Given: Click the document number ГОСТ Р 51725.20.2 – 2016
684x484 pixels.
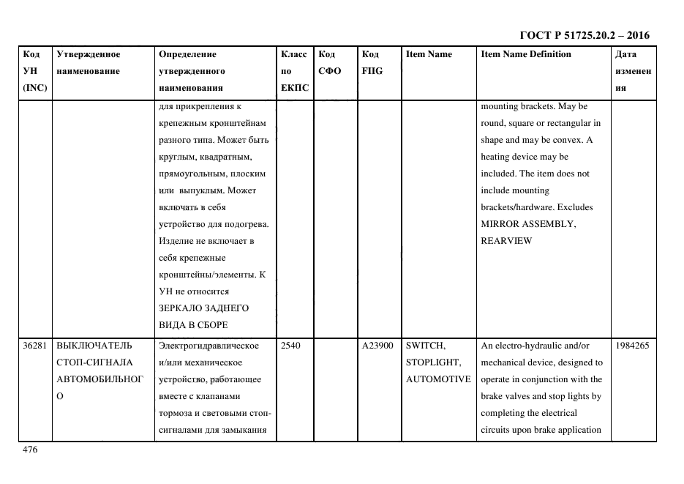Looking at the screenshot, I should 584,34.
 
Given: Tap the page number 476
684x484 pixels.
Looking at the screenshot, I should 30,450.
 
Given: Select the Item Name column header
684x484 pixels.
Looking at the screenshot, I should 429,54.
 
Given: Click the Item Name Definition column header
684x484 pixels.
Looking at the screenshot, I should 526,54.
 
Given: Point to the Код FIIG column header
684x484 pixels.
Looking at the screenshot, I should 372,62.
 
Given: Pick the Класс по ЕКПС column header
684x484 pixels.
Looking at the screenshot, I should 293,71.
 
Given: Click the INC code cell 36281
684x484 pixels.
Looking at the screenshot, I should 35,345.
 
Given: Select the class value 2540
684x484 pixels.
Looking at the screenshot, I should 290,345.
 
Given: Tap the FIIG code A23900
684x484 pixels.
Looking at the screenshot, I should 377,345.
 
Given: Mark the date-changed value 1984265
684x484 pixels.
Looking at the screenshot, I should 632,345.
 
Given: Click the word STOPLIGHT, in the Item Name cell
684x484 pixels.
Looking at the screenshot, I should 433,362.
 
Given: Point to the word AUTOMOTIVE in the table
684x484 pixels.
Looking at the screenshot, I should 438,379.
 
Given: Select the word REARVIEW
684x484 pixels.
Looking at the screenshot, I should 506,240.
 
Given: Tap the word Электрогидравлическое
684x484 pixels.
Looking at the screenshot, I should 209,345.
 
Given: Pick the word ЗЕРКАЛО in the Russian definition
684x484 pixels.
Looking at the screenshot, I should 180,308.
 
